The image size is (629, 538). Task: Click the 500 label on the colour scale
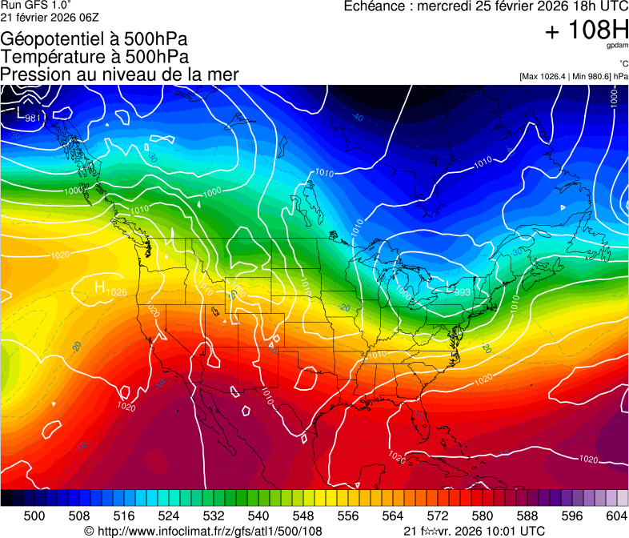click(34, 515)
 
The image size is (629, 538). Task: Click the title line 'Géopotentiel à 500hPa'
click(94, 39)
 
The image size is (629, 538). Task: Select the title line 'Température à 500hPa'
click(94, 57)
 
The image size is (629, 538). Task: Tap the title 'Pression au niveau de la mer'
click(119, 74)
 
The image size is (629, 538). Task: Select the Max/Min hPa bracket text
click(573, 76)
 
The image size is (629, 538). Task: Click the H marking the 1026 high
click(100, 287)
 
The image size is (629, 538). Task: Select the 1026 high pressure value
click(117, 291)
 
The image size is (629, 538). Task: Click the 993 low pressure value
click(462, 292)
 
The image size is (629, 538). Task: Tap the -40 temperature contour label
click(357, 118)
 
